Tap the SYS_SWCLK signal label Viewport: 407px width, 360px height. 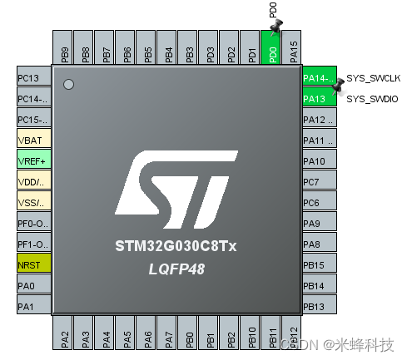pos(373,76)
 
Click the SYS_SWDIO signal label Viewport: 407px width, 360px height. pos(373,99)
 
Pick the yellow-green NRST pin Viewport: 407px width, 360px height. pos(33,264)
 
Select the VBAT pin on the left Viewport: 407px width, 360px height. pos(33,141)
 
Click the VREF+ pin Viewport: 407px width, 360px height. pos(33,160)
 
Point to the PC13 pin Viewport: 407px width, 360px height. pos(33,78)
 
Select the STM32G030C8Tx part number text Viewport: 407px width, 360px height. pos(177,247)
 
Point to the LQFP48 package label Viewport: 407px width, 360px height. pos(177,269)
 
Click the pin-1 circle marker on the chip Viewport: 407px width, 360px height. pos(69,84)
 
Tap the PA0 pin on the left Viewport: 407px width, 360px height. pos(33,285)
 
